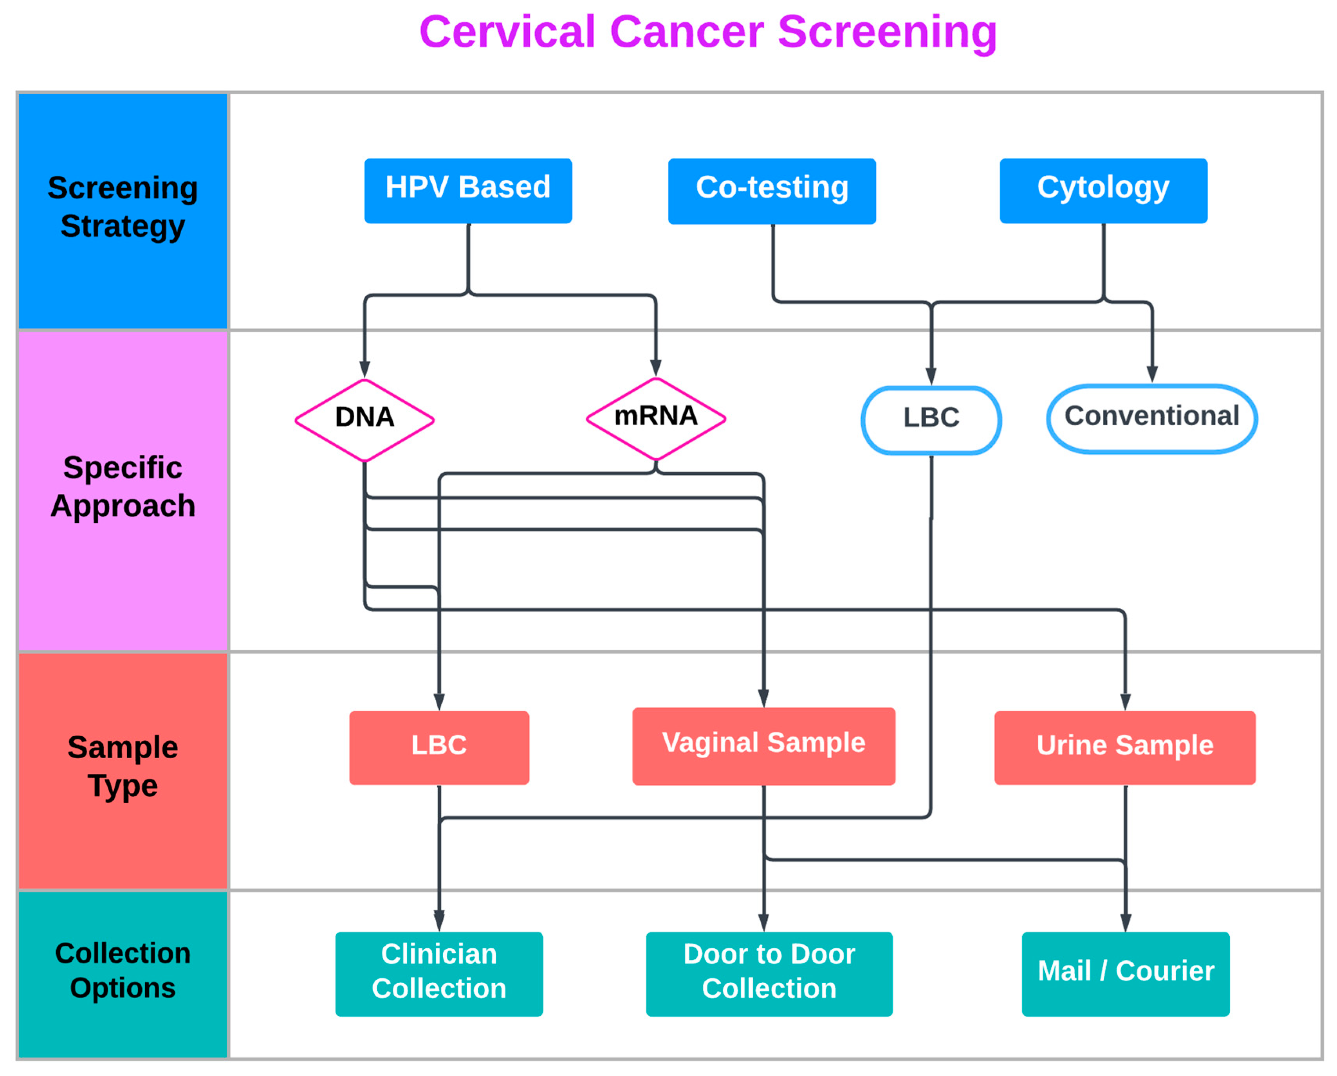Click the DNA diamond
click(364, 419)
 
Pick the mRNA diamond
click(655, 418)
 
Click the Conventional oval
click(1151, 418)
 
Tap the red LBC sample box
click(439, 747)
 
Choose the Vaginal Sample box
click(763, 746)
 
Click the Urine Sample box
click(1124, 747)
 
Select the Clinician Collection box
click(439, 973)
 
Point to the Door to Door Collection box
click(769, 973)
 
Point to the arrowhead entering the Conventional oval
click(1151, 375)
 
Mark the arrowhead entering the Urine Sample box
click(1125, 702)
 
